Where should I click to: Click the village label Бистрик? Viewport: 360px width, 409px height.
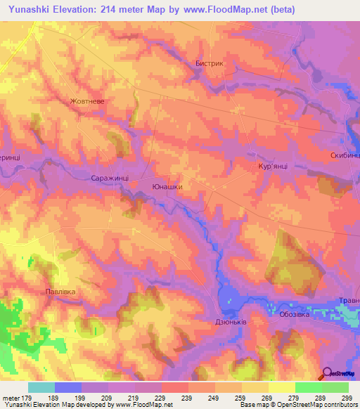tap(209, 63)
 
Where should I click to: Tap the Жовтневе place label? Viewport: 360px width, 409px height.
tap(87, 101)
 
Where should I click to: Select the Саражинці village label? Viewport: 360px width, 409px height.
tap(110, 179)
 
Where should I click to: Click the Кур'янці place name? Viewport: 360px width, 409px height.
tap(274, 167)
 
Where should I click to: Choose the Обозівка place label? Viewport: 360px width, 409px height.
tap(295, 315)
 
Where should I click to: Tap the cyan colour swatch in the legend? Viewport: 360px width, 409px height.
tap(41, 387)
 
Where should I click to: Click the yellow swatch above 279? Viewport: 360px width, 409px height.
tap(281, 387)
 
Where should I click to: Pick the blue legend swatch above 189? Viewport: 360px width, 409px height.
tap(68, 387)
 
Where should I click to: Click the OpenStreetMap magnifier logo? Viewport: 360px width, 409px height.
tap(327, 374)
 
